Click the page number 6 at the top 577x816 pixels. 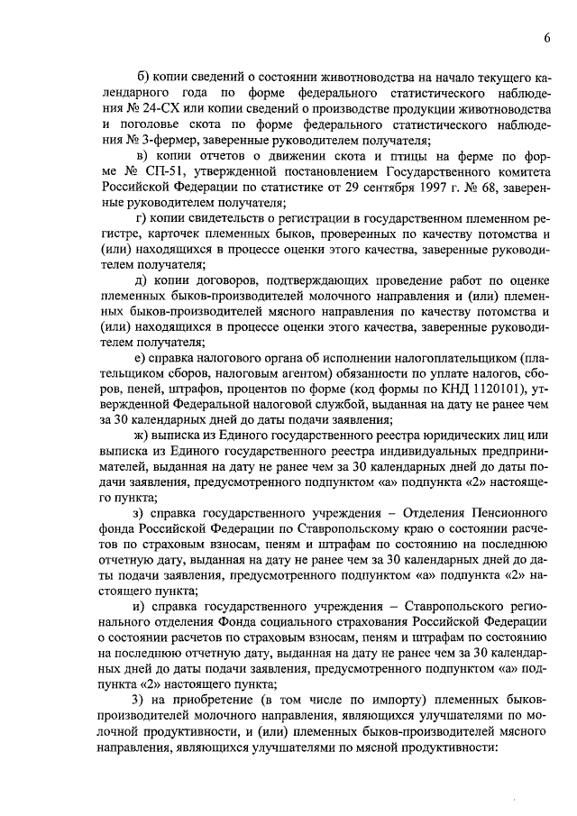(x=547, y=36)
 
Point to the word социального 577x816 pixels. (x=311, y=623)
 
